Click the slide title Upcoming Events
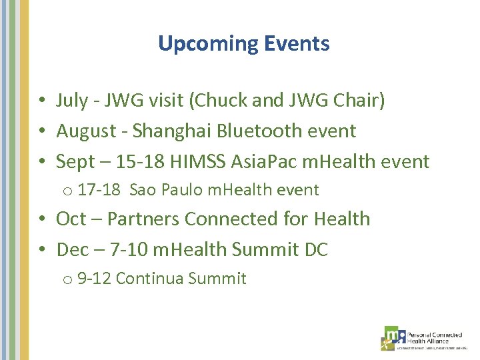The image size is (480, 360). [x=243, y=44]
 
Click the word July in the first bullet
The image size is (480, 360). [x=72, y=101]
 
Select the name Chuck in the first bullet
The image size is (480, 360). [x=217, y=101]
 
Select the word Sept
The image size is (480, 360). [x=75, y=161]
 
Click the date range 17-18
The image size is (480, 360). [x=99, y=190]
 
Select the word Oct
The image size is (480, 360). [x=71, y=219]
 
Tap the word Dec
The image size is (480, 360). [x=72, y=249]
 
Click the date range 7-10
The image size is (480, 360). [x=127, y=249]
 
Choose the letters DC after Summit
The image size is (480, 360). [x=316, y=249]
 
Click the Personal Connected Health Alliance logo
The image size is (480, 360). [x=423, y=337]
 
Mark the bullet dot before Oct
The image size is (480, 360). [x=41, y=219]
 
